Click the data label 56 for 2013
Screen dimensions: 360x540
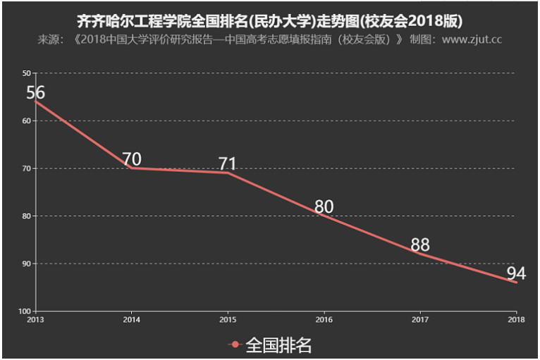coord(35,93)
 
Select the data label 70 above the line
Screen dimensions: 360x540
coord(131,159)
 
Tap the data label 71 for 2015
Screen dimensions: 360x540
coord(227,163)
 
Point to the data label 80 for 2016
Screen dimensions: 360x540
coord(324,207)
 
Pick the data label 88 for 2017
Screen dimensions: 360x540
coord(420,245)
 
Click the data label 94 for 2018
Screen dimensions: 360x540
coord(516,273)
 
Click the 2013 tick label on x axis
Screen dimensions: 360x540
coord(35,319)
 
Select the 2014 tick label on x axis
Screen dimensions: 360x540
coord(131,319)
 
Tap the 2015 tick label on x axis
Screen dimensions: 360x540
coord(228,319)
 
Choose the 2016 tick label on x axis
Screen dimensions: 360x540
coord(324,319)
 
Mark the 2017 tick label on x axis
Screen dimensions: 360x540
coord(420,319)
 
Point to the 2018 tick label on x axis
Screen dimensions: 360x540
coord(516,319)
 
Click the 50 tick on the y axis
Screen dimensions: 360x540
coord(26,73)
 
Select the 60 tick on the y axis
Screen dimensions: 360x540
coord(26,121)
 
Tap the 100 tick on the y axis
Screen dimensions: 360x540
coord(24,311)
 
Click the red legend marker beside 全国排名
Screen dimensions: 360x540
coord(235,345)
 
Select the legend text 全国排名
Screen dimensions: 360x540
coord(278,345)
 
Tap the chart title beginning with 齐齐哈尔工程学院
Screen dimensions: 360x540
coord(270,20)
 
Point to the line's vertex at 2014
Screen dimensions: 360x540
coord(131,168)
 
